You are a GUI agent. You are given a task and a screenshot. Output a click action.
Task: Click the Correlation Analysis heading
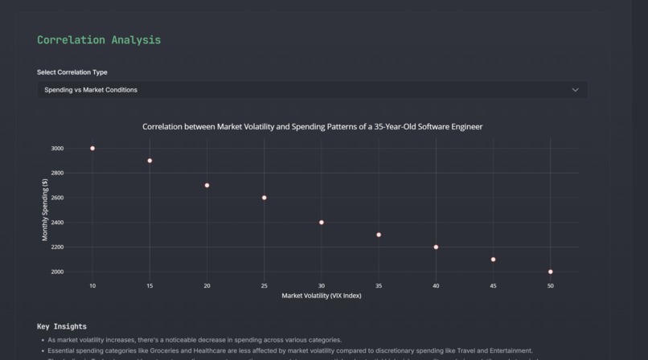coord(99,40)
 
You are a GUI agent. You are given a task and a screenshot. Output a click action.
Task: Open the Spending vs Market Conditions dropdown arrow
coord(575,90)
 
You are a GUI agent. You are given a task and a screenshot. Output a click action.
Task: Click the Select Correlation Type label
coord(72,72)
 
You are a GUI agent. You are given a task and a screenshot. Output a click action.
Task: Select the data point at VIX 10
coord(92,149)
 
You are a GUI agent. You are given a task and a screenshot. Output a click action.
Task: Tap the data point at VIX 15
coord(150,161)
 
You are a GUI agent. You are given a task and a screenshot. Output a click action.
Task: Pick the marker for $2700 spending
coord(207,186)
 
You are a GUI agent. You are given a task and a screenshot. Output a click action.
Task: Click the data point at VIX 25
coord(264,198)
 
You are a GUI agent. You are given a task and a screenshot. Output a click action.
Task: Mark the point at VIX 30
coord(322,223)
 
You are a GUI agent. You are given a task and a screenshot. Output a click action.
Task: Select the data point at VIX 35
coord(379,235)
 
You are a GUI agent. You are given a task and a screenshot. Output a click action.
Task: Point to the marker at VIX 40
coord(436,247)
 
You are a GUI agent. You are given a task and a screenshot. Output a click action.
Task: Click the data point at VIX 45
coord(493,260)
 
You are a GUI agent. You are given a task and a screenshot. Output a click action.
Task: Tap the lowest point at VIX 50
coord(551,272)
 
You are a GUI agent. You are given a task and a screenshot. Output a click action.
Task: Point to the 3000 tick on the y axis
coord(57,149)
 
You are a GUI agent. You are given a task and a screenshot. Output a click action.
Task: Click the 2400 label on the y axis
coord(57,223)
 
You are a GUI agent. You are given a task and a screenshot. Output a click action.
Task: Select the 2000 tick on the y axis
coord(57,272)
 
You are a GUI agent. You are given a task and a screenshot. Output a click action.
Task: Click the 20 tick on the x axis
coord(207,286)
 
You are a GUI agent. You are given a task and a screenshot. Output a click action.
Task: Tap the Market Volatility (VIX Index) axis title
coord(322,296)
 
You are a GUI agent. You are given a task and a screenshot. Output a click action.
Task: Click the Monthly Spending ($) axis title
coord(46,210)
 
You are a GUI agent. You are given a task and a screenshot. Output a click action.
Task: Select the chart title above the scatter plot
coord(312,127)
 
